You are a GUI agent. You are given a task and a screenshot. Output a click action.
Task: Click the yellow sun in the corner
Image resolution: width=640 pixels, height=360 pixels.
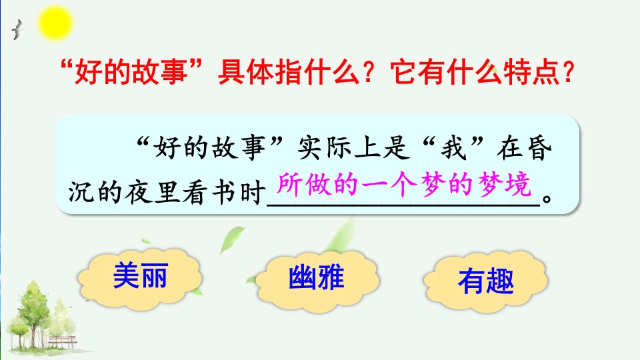pyautogui.click(x=55, y=23)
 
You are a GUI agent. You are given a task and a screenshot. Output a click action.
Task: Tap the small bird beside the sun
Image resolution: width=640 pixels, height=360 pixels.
pyautogui.click(x=17, y=30)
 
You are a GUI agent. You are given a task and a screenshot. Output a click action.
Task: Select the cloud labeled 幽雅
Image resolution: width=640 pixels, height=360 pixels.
pyautogui.click(x=316, y=279)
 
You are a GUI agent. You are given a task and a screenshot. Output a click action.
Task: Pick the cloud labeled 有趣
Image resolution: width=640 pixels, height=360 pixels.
pyautogui.click(x=486, y=281)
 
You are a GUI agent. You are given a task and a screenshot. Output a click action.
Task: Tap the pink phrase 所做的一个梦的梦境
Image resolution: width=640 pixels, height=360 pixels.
pyautogui.click(x=404, y=185)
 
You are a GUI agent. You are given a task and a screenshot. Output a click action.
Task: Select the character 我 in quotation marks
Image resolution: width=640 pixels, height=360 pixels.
pyautogui.click(x=453, y=147)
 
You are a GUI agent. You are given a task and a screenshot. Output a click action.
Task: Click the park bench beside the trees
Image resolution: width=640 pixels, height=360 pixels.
pyautogui.click(x=63, y=341)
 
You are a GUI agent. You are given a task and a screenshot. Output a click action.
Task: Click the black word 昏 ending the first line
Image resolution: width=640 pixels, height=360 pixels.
pyautogui.click(x=539, y=147)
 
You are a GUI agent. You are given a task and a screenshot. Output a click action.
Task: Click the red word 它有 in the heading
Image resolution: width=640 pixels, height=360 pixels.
pyautogui.click(x=419, y=72)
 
